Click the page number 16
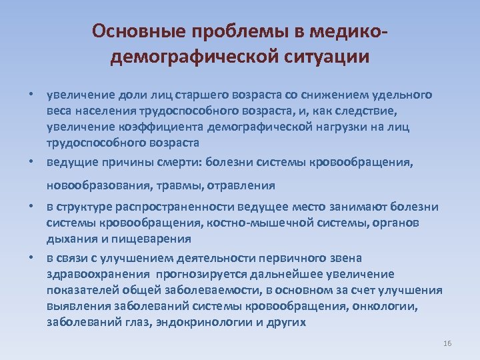coord(447,343)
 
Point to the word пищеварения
coord(157,239)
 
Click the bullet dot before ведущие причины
coord(31,161)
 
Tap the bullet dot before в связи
coord(31,258)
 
